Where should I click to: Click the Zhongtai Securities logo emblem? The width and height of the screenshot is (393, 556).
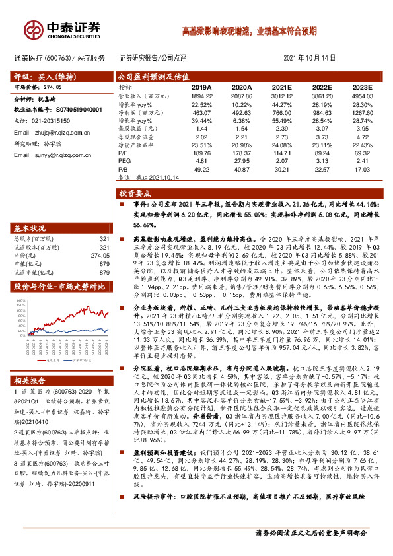[31, 28]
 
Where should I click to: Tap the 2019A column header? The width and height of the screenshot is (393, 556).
[201, 87]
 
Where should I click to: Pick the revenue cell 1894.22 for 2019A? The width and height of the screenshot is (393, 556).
[201, 96]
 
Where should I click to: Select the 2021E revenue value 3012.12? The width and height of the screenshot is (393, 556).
[281, 96]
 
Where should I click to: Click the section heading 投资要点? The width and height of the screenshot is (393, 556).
[135, 194]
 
